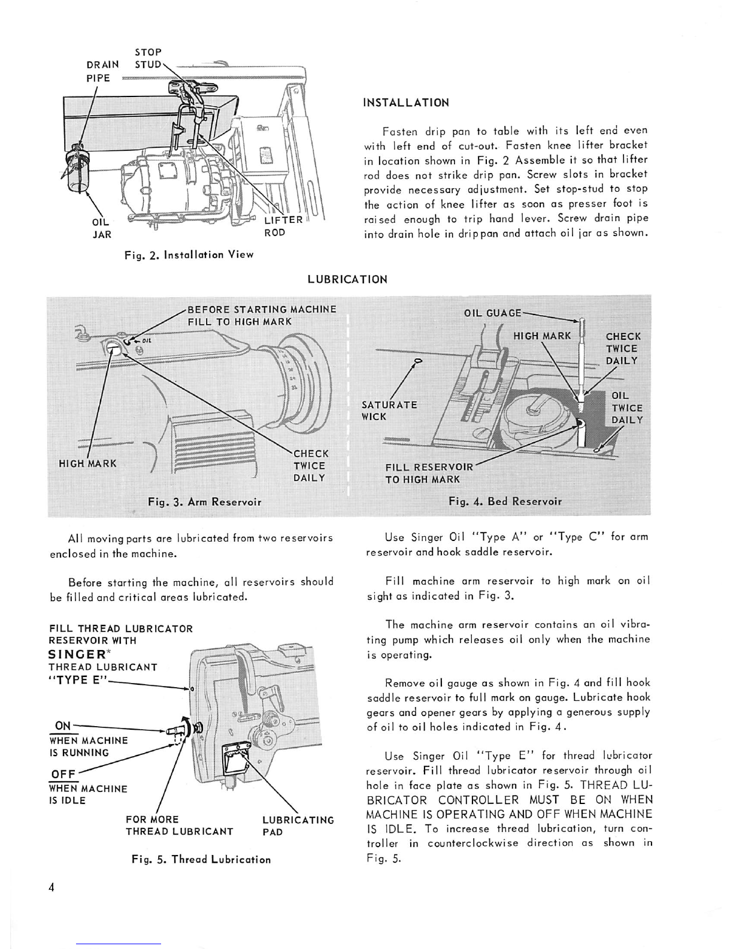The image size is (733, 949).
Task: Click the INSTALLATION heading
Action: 406,102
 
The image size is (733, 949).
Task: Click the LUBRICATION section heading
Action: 347,279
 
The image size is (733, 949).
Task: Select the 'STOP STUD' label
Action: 148,58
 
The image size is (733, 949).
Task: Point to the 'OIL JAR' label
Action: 102,228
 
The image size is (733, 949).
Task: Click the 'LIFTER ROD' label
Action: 283,226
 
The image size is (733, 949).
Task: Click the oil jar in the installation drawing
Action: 78,171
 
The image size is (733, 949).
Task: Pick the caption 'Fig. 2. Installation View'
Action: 189,255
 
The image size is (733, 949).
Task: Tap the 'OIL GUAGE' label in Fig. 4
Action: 493,313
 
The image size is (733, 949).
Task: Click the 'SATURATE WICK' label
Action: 389,410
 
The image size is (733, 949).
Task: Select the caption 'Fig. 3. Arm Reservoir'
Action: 204,501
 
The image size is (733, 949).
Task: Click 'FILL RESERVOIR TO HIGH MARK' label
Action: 429,473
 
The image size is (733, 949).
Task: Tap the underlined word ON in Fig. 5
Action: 63,726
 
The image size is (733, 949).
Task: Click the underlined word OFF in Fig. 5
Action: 63,773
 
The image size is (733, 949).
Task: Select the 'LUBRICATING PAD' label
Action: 298,826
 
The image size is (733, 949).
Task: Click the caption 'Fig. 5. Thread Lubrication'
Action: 201,859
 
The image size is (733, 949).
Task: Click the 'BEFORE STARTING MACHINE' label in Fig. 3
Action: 262,310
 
